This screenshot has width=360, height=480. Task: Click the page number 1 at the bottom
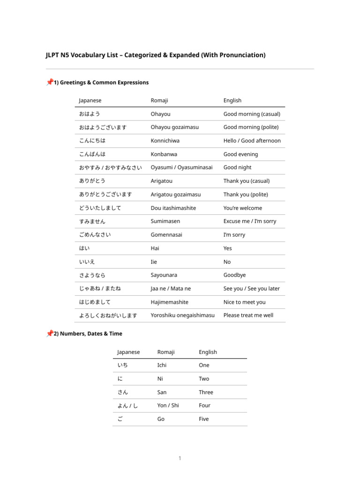[180, 458]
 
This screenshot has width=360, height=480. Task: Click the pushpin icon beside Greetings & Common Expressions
[49, 82]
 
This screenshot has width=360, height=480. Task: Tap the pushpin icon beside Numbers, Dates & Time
[49, 333]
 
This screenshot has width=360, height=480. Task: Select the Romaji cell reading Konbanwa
[164, 154]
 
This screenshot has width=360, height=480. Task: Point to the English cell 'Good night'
[237, 167]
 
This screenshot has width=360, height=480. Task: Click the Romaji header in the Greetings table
[159, 100]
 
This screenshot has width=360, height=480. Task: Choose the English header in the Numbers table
[208, 352]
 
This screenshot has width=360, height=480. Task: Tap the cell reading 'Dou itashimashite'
[173, 208]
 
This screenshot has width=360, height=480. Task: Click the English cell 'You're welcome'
[243, 208]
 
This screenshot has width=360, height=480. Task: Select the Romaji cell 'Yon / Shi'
[168, 405]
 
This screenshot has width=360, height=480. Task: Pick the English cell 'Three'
[206, 392]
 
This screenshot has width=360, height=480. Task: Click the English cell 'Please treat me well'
[248, 315]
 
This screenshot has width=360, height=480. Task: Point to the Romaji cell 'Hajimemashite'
[170, 302]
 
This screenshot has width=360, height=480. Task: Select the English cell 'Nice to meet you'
[244, 302]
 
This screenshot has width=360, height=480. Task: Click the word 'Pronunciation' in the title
[241, 55]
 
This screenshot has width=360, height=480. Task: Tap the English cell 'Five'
[204, 419]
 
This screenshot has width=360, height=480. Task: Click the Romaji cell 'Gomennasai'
[166, 235]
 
